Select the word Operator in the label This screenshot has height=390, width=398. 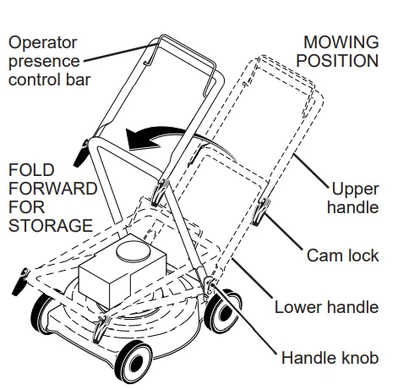(x=41, y=41)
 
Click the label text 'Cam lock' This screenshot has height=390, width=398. (x=342, y=255)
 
